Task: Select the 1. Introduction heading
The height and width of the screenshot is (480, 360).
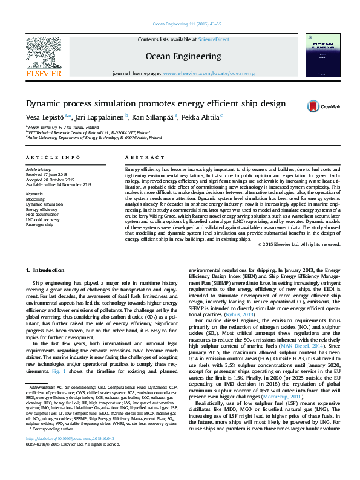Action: click(x=45, y=268)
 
